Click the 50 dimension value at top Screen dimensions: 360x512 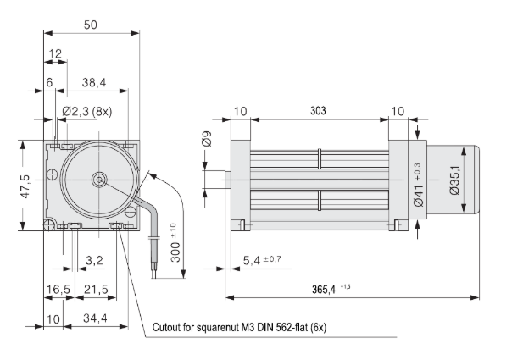click(91, 25)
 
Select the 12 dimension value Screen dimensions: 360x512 click(56, 53)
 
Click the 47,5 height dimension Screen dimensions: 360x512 click(25, 185)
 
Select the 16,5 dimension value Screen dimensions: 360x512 click(57, 290)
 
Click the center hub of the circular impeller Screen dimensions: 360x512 click(100, 180)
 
